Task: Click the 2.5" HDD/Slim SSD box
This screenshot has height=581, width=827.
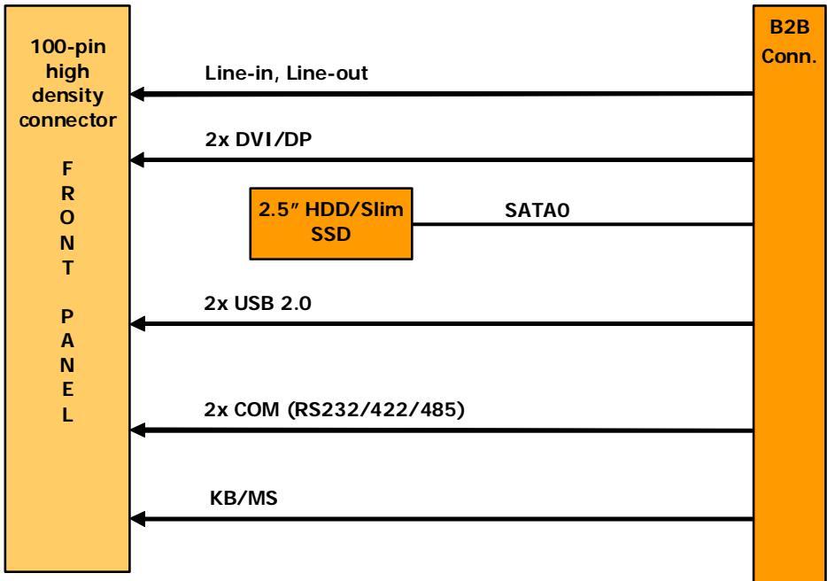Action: tap(330, 223)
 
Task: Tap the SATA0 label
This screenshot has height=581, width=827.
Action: tap(537, 210)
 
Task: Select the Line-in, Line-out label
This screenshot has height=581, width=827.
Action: tap(286, 73)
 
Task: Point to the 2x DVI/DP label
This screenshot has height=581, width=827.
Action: tap(258, 139)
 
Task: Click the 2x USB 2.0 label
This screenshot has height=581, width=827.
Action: tap(258, 304)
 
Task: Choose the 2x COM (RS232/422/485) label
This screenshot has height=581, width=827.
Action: tap(335, 409)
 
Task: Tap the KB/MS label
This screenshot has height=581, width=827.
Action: tap(243, 498)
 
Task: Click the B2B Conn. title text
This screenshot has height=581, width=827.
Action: tap(789, 41)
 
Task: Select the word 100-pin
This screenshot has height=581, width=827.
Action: tap(68, 47)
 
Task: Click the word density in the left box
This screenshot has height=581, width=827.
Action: tap(67, 96)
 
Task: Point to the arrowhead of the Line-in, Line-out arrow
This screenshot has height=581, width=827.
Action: tap(137, 94)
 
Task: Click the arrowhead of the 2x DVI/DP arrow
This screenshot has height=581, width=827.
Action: tap(137, 159)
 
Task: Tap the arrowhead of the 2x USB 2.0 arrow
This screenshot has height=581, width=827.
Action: tap(137, 323)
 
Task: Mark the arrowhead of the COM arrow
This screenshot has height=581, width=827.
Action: tap(137, 430)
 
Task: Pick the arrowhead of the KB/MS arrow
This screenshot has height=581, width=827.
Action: tap(137, 519)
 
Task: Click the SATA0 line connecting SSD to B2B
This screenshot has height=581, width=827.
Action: tap(583, 224)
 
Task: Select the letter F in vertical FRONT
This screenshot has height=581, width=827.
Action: tap(67, 169)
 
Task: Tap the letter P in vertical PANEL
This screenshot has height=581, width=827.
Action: tap(67, 316)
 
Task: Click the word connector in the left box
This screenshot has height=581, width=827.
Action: tap(67, 120)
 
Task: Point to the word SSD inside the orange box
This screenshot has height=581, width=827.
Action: tap(330, 235)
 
